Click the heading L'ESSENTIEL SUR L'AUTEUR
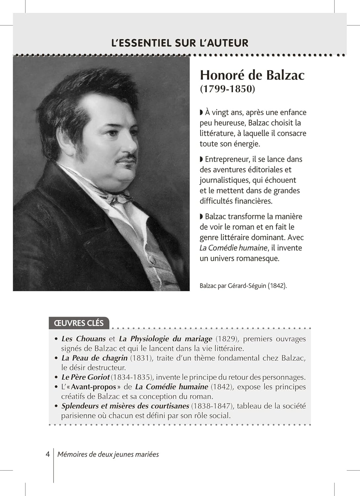(x=180, y=43)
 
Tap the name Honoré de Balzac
(x=252, y=75)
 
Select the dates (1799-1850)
(x=227, y=89)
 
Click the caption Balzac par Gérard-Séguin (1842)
(x=243, y=286)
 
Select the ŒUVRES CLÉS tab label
(x=79, y=323)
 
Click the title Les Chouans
(x=84, y=339)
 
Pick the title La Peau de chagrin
(x=95, y=358)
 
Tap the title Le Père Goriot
(x=86, y=377)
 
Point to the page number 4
(x=48, y=454)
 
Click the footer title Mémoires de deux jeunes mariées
(x=108, y=455)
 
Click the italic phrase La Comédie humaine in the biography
(x=233, y=248)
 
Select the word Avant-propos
(x=94, y=387)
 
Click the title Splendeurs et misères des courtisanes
(x=125, y=406)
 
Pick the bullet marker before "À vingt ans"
(x=201, y=112)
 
